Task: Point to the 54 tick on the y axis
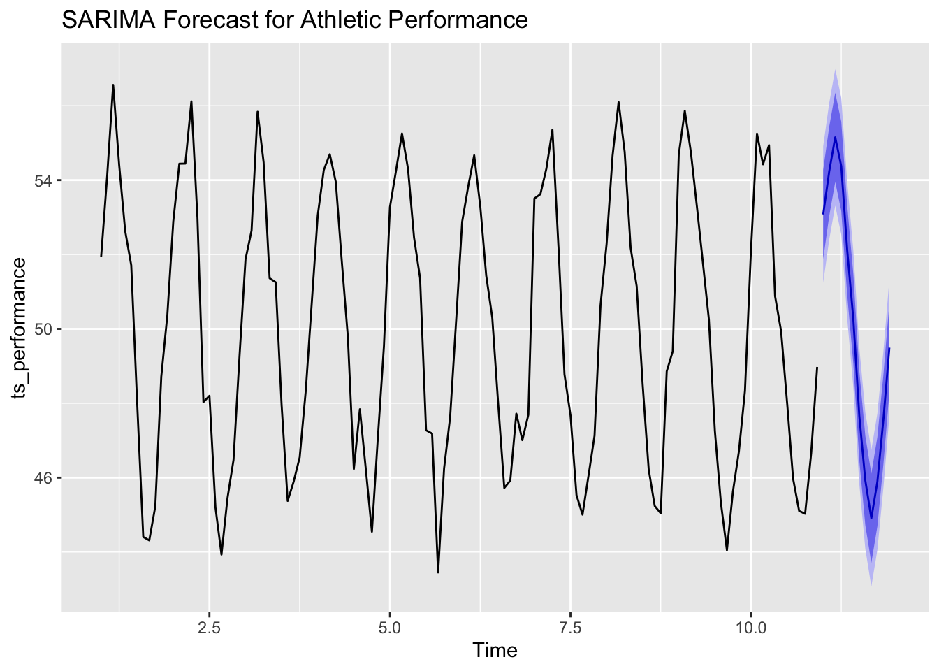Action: pos(43,180)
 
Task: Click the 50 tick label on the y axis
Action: pos(43,329)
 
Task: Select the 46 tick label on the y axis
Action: pos(43,478)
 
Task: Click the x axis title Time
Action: pos(495,651)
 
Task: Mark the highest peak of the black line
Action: pos(113,85)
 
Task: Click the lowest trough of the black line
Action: pos(438,572)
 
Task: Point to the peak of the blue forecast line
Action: pos(835,138)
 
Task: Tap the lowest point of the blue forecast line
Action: pos(871,518)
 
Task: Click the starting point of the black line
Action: pos(101,256)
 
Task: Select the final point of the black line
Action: pos(817,368)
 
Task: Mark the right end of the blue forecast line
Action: pos(889,348)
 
